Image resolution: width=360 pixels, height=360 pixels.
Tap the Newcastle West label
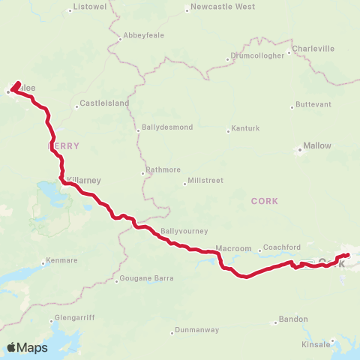(223, 7)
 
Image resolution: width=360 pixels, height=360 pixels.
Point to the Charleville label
(313, 48)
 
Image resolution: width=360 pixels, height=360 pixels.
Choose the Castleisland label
(104, 103)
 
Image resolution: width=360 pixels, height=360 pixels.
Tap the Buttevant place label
(312, 103)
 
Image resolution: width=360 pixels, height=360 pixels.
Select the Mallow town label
(316, 147)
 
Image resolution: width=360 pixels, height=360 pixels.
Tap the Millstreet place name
(205, 182)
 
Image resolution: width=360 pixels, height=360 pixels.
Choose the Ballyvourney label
(184, 231)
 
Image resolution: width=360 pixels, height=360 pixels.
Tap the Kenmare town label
(62, 260)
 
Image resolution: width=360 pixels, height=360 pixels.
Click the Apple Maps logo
(27, 347)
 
